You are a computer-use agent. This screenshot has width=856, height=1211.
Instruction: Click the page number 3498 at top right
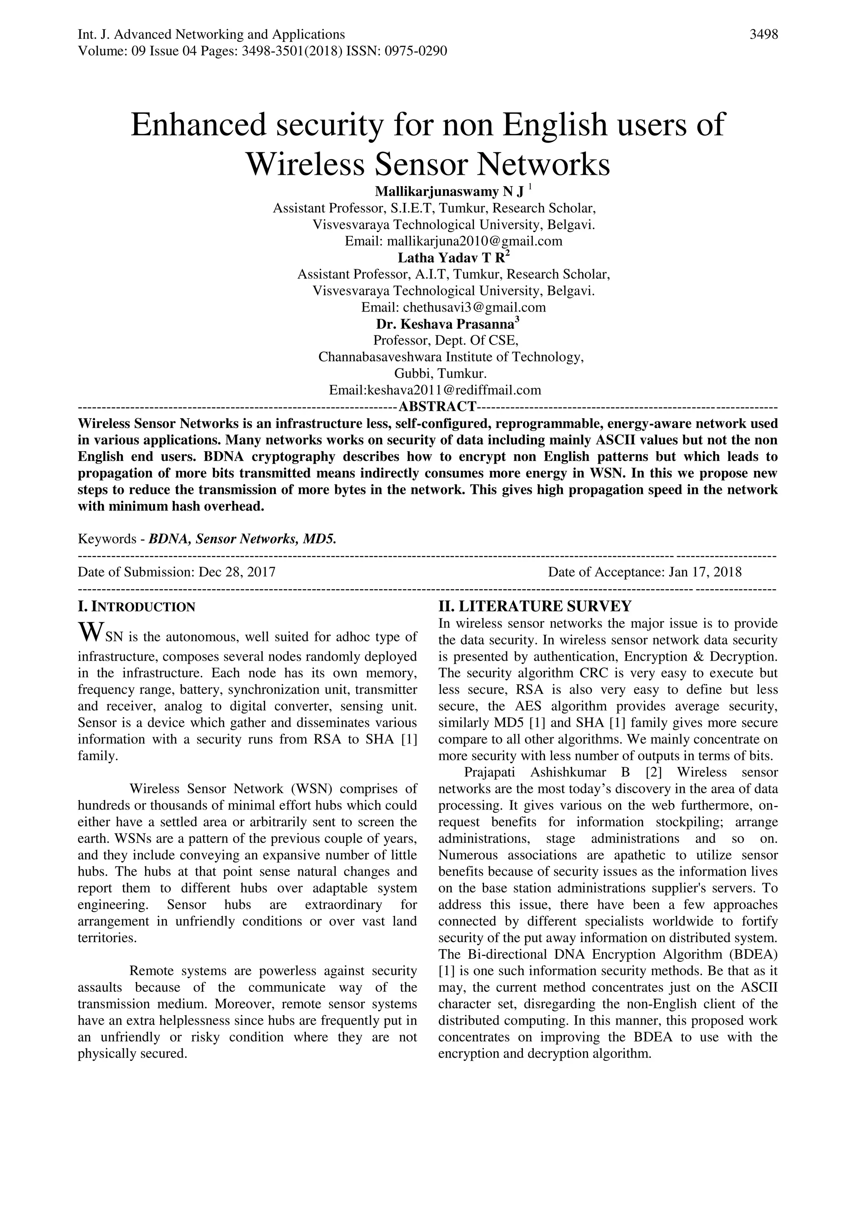click(763, 35)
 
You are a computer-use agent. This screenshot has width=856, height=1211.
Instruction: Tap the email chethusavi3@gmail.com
click(474, 307)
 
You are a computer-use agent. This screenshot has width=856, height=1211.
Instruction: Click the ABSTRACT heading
click(438, 406)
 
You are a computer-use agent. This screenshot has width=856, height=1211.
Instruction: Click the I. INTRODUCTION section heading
click(137, 607)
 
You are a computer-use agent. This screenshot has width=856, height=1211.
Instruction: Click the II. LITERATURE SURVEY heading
click(535, 605)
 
